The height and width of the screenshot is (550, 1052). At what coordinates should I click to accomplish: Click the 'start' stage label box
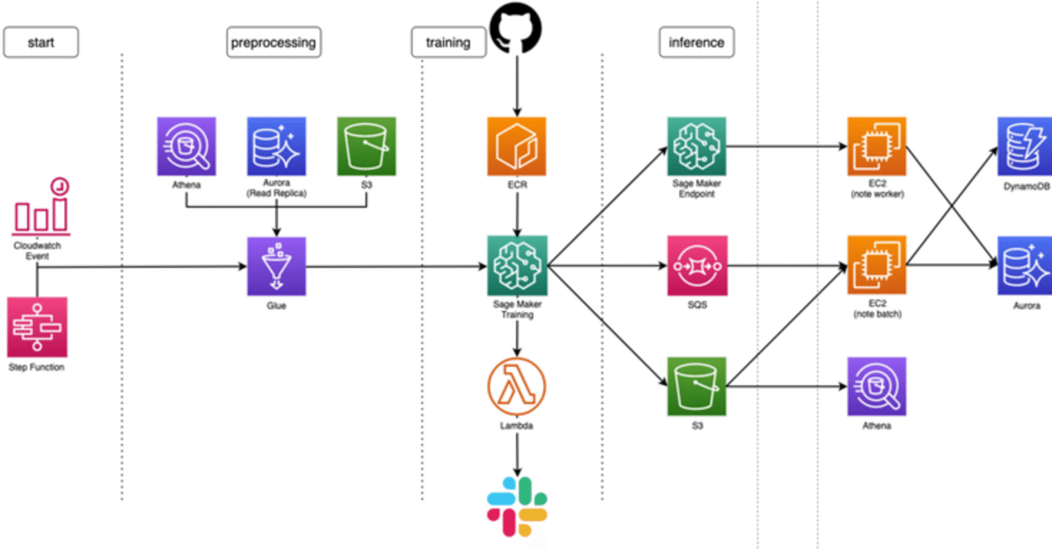(41, 42)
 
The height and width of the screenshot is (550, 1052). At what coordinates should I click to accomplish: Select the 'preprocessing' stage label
(273, 42)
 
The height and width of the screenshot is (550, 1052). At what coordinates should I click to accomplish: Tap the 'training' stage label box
(448, 42)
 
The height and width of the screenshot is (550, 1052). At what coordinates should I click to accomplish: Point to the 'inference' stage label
(696, 42)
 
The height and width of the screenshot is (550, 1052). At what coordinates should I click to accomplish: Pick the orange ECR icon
(517, 145)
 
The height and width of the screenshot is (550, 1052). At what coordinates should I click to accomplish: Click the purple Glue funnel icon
(276, 266)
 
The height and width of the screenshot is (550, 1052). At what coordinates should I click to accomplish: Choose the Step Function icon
(37, 327)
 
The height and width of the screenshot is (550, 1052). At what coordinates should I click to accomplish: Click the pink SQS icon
(696, 266)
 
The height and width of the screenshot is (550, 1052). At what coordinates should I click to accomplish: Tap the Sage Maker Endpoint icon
(696, 145)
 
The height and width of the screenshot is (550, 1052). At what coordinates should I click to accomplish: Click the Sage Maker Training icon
(517, 266)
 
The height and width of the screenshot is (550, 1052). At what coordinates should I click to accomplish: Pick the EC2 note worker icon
(877, 145)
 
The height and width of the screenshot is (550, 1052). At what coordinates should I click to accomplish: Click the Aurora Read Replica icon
(276, 145)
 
